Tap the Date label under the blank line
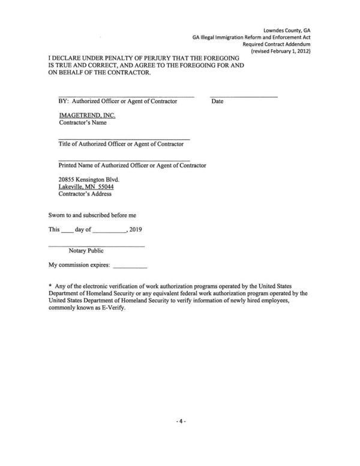217,101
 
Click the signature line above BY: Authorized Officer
126,97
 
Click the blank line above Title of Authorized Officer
124,139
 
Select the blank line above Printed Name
124,160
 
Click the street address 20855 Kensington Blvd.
89,179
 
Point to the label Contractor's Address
85,194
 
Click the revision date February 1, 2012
288,51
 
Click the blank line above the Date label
244,97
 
